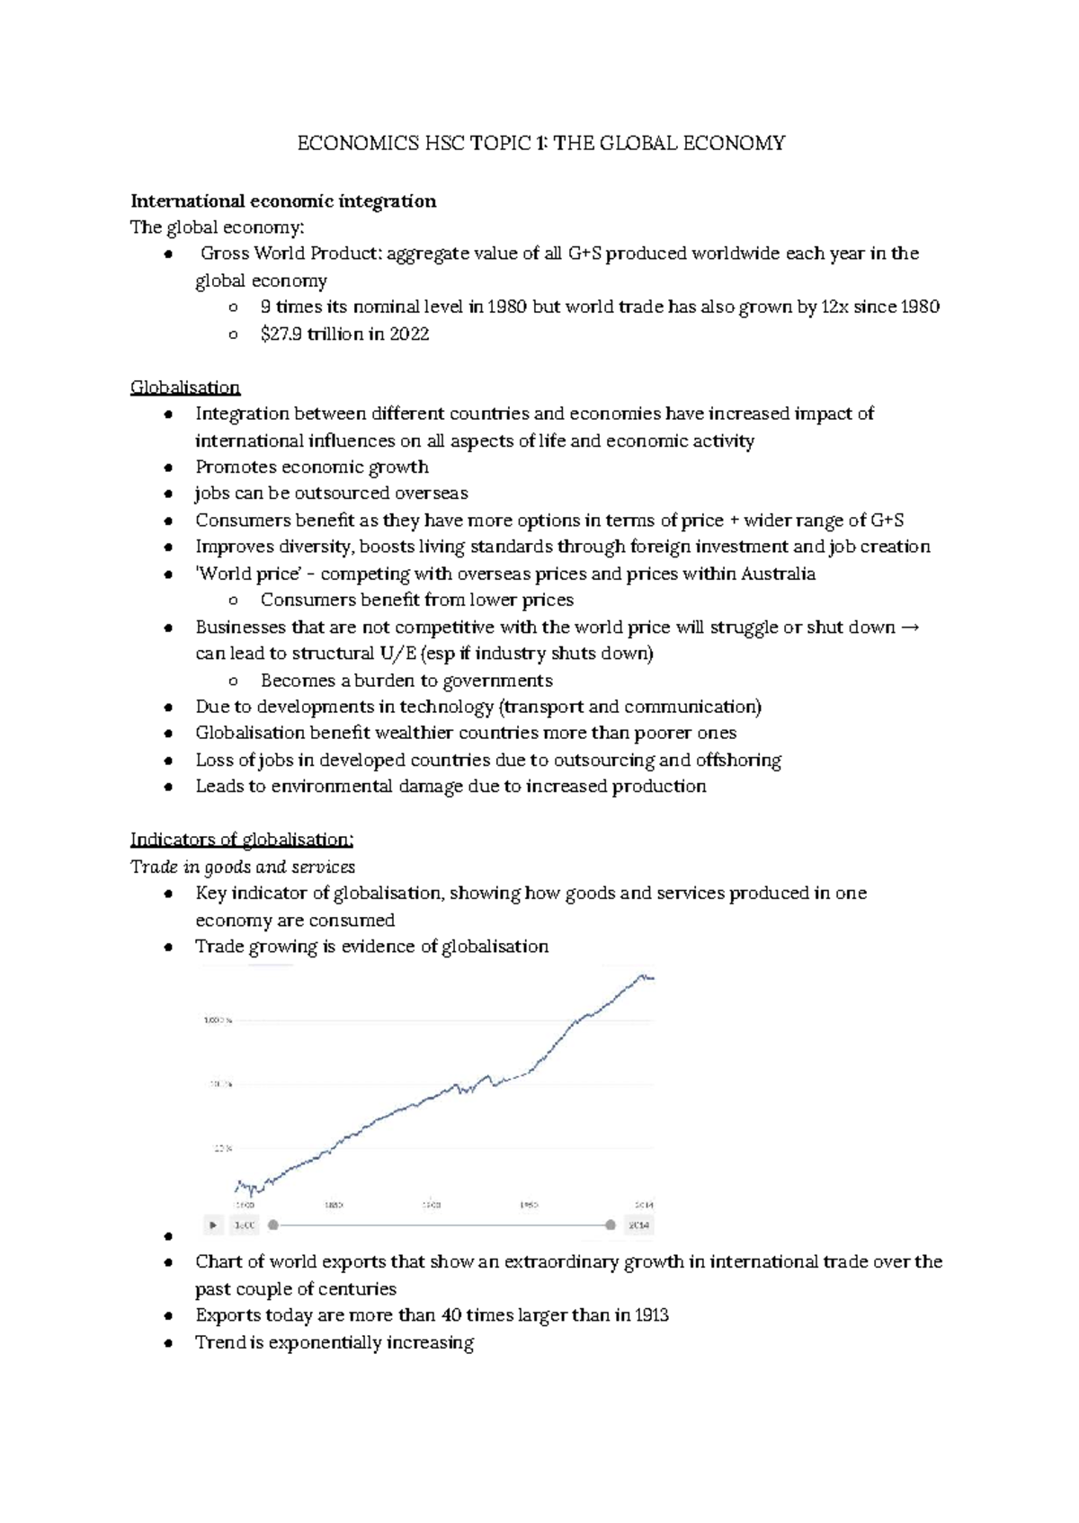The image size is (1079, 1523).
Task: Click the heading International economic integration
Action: pos(283,200)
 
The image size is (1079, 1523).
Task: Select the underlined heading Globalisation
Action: pos(184,387)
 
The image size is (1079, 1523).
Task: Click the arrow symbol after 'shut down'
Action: pos(909,627)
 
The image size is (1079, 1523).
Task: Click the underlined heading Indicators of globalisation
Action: pos(242,840)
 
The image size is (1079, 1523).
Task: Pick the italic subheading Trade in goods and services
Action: pos(243,867)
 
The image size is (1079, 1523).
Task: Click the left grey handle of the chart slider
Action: pos(273,1225)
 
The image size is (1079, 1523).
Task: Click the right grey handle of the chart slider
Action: pos(611,1225)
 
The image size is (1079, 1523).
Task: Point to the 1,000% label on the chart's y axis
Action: pos(218,1020)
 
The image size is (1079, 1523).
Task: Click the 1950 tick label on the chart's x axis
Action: pos(529,1205)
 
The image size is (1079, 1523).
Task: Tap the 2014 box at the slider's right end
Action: pos(638,1225)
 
